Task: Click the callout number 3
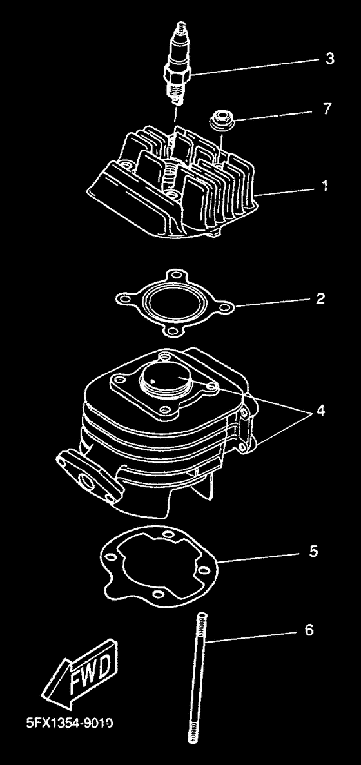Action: [x=330, y=59]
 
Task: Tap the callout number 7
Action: [x=327, y=109]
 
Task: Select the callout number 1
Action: [x=324, y=186]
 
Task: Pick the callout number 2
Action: [x=320, y=298]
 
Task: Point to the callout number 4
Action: [x=320, y=411]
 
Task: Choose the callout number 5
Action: [x=313, y=551]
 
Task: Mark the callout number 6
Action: [x=309, y=630]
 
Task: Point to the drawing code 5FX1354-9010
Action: [x=70, y=722]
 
